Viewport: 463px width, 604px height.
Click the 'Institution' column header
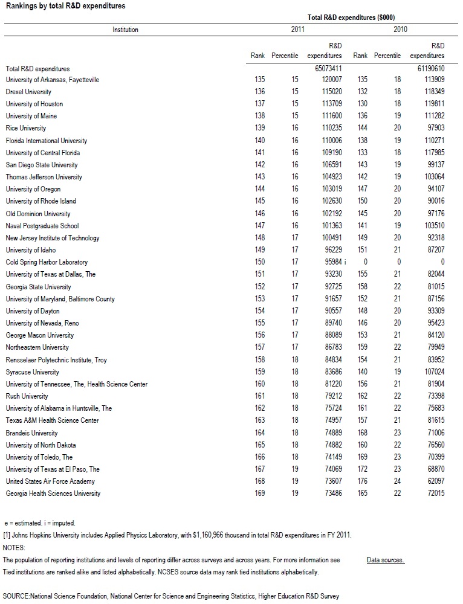(125, 30)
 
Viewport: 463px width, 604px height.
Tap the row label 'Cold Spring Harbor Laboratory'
(47, 262)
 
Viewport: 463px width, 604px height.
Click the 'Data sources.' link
(385, 560)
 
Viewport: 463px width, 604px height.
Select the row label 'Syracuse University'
(33, 372)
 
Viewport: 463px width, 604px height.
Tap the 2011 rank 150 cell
(258, 262)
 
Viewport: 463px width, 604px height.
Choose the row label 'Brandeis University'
(32, 433)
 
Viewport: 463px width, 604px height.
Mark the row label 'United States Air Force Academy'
(50, 481)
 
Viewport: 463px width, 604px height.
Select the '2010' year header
(400, 30)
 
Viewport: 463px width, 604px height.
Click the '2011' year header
(298, 30)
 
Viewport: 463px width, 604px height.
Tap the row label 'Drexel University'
(28, 92)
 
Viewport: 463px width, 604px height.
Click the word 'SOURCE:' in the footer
(16, 596)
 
